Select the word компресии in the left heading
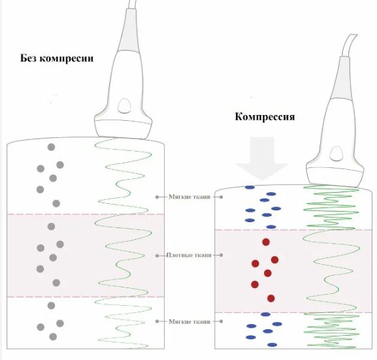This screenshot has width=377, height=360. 67,59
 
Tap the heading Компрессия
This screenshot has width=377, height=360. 265,117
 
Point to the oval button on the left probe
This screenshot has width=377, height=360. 124,106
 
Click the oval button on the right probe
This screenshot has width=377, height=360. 336,154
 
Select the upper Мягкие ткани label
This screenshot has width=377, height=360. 189,197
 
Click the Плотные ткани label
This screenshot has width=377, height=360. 189,255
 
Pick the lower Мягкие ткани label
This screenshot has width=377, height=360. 189,321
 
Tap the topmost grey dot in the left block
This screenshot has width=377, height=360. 51,147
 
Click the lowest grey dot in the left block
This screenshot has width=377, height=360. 53,336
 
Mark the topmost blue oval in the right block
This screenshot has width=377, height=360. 250,188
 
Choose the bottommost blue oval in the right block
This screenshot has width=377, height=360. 272,345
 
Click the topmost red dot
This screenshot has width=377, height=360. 266,242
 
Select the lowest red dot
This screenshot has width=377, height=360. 271,299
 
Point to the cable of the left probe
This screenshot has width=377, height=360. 133,5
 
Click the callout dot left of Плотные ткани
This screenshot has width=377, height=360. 157,255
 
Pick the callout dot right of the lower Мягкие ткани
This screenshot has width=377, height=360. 221,321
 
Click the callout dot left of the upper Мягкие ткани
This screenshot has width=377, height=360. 157,197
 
